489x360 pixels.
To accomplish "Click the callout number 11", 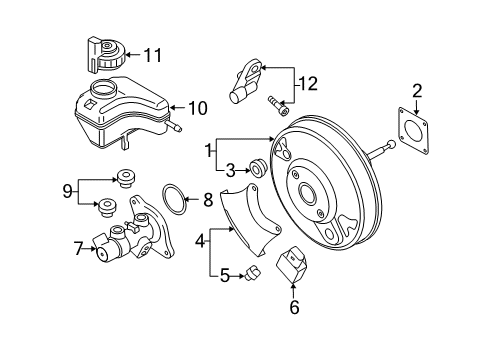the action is point(153,55).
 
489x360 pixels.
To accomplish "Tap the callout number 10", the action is point(198,108).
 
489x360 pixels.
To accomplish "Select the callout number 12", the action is point(308,84).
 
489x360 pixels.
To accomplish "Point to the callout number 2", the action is point(417,91).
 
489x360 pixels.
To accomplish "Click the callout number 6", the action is point(294,307).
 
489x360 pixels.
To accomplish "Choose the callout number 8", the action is point(208,200).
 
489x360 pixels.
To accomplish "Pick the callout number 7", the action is point(78,248).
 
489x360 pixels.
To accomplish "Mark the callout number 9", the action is point(67,191).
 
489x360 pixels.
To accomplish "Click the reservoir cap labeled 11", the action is point(106,55).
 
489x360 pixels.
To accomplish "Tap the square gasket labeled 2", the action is point(413,130).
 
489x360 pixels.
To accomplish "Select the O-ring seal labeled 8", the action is point(173,199).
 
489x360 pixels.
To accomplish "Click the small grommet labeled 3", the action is point(258,167).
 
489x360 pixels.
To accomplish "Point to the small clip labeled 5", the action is point(253,272).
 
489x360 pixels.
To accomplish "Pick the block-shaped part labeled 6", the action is point(291,264).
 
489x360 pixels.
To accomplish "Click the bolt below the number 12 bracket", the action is point(278,106).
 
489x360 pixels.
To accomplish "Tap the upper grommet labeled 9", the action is point(126,178).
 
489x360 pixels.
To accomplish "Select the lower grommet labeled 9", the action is point(107,207).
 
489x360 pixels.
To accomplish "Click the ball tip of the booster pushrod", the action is point(391,144).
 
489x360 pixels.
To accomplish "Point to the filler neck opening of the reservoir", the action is point(104,88).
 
